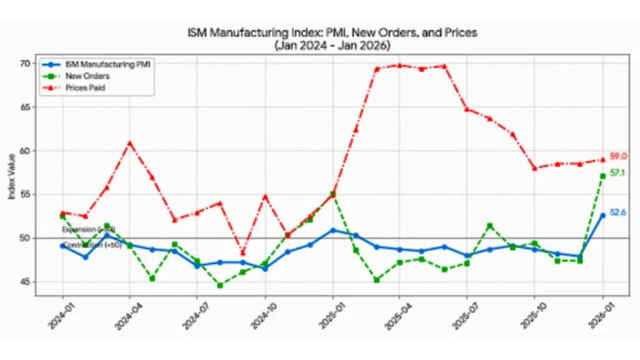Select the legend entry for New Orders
coord(87,76)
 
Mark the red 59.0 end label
coord(618,156)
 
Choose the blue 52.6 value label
coord(618,212)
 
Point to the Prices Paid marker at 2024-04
coord(130,143)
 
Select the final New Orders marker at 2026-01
coord(602,176)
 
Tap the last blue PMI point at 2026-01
coord(602,215)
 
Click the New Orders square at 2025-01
coord(332,194)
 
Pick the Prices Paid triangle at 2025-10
coord(534,168)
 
